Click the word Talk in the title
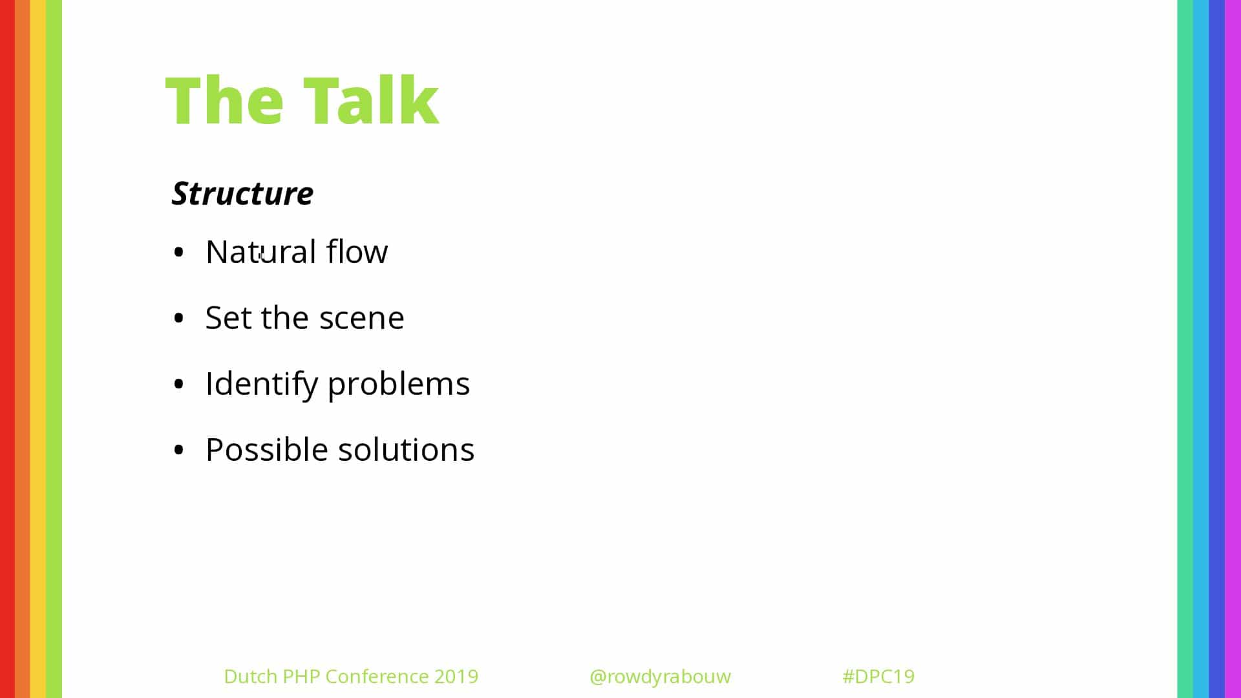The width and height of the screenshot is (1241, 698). [371, 100]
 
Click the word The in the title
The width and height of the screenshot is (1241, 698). [224, 100]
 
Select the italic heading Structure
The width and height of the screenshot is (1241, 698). [242, 193]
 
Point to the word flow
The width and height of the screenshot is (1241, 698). [357, 251]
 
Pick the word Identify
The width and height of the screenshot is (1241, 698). [261, 384]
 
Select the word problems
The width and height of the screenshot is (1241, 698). [399, 384]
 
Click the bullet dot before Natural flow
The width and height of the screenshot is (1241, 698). [179, 252]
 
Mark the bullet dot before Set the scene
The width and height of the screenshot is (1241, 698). [179, 318]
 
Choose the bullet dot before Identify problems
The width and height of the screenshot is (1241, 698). [179, 384]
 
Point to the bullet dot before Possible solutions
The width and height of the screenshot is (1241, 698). [179, 450]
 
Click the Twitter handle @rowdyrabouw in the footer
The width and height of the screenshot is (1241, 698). [660, 677]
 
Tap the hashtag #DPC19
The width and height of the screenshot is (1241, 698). [878, 676]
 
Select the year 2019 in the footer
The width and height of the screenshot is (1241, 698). [456, 676]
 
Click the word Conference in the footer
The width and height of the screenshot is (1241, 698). [377, 676]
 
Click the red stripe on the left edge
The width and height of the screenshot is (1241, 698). [7, 349]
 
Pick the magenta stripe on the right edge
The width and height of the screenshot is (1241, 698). [1233, 349]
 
